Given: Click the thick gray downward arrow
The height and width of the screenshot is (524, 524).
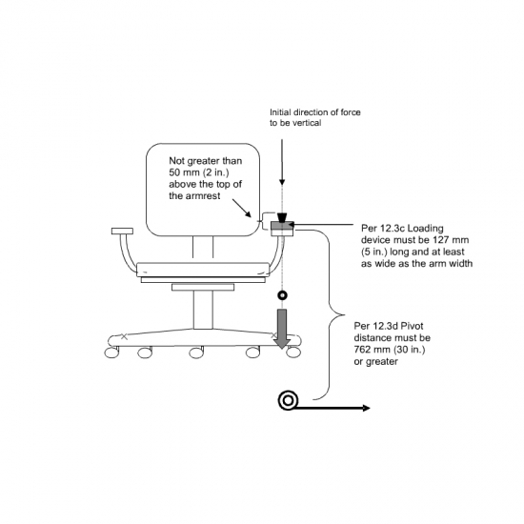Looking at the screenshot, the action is pyautogui.click(x=282, y=328).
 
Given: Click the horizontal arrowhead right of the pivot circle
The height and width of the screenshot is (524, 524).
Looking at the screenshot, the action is pyautogui.click(x=366, y=408).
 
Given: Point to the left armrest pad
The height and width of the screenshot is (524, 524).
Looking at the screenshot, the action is pyautogui.click(x=122, y=231).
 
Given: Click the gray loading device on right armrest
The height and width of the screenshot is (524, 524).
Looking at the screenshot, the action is pyautogui.click(x=282, y=226).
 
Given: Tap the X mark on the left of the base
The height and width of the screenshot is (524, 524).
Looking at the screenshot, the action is pyautogui.click(x=124, y=336).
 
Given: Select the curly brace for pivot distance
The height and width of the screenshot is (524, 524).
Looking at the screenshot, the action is pyautogui.click(x=330, y=314).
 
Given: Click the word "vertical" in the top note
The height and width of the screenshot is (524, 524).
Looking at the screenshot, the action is pyautogui.click(x=308, y=123).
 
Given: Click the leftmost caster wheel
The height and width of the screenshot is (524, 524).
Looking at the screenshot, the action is pyautogui.click(x=111, y=353).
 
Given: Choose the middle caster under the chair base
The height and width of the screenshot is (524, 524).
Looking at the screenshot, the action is pyautogui.click(x=196, y=353).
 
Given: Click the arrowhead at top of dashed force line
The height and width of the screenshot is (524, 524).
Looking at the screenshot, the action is pyautogui.click(x=282, y=182).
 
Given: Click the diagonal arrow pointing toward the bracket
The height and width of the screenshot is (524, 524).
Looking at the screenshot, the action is pyautogui.click(x=241, y=209).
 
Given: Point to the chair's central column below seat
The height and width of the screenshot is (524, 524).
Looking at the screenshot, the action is pyautogui.click(x=203, y=310).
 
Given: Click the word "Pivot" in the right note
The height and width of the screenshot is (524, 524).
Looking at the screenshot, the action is pyautogui.click(x=412, y=326).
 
